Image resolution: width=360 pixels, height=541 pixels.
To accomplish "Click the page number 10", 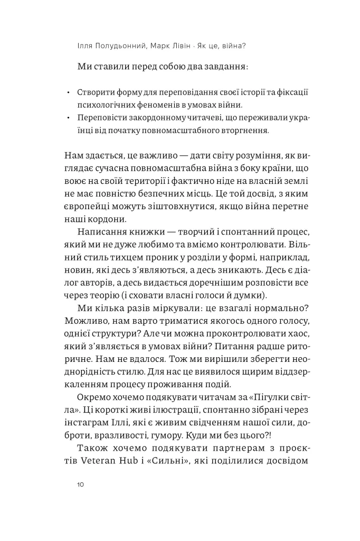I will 80,484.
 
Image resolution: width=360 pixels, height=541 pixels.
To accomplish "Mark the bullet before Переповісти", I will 69,117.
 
